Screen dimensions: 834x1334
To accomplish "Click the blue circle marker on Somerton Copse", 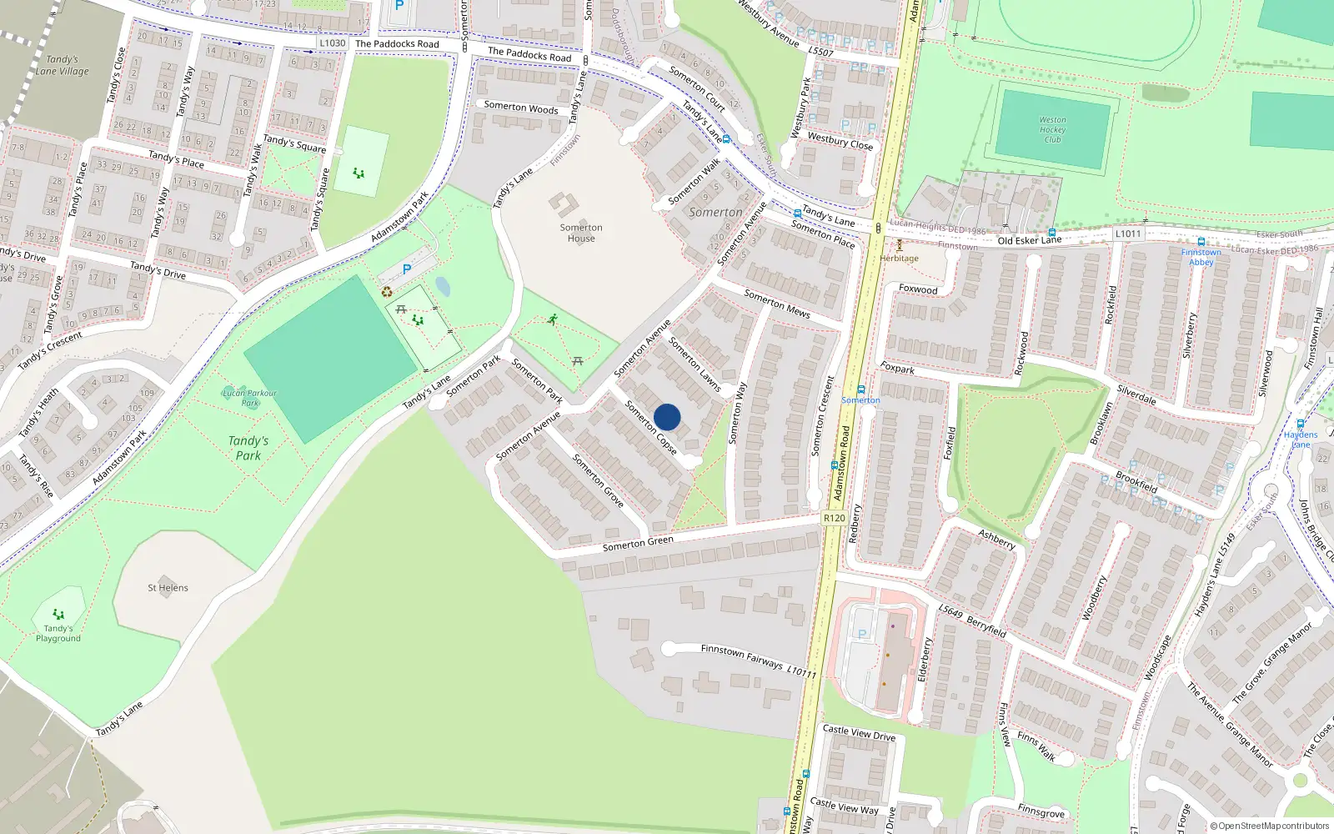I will (667, 417).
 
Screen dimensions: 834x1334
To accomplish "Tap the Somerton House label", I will (581, 233).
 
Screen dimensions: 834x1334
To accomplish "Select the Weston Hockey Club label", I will (1052, 129).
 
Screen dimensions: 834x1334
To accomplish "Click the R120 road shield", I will (834, 518).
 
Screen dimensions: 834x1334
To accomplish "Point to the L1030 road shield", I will (332, 43).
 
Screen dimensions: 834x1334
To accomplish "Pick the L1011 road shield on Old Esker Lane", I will (1127, 234).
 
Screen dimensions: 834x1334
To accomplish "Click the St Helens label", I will (168, 587).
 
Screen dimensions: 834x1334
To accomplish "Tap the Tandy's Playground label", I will (58, 633).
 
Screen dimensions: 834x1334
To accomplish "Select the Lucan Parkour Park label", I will (249, 398).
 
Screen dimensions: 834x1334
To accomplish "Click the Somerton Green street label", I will (638, 544).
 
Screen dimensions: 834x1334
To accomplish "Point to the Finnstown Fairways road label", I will (742, 656).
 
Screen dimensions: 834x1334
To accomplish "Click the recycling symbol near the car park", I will (387, 292).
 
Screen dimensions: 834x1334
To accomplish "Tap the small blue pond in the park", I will (443, 287).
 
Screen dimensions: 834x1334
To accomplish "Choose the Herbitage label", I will (899, 258).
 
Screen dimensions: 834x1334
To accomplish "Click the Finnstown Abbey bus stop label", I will (1201, 257).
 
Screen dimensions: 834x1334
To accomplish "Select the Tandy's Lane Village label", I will (62, 65).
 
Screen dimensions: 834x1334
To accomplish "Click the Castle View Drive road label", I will (859, 733).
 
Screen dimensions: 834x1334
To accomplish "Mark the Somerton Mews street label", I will (777, 304).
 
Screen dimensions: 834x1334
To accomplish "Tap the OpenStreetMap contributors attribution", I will (1269, 826).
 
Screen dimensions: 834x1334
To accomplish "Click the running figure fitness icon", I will (553, 319).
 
